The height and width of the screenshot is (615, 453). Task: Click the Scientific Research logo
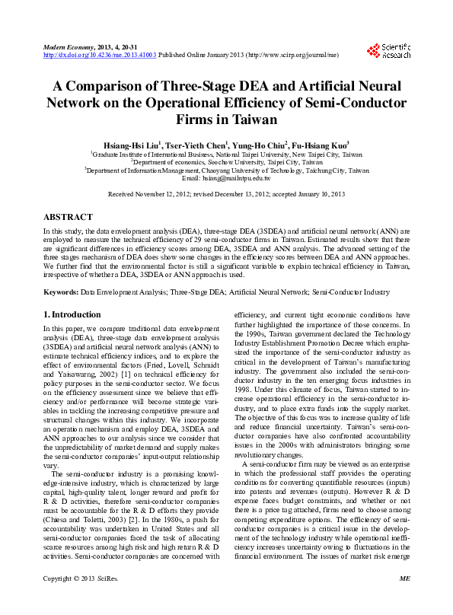388,51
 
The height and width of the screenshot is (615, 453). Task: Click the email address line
226,177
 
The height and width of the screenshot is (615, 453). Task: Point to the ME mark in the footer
404,601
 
